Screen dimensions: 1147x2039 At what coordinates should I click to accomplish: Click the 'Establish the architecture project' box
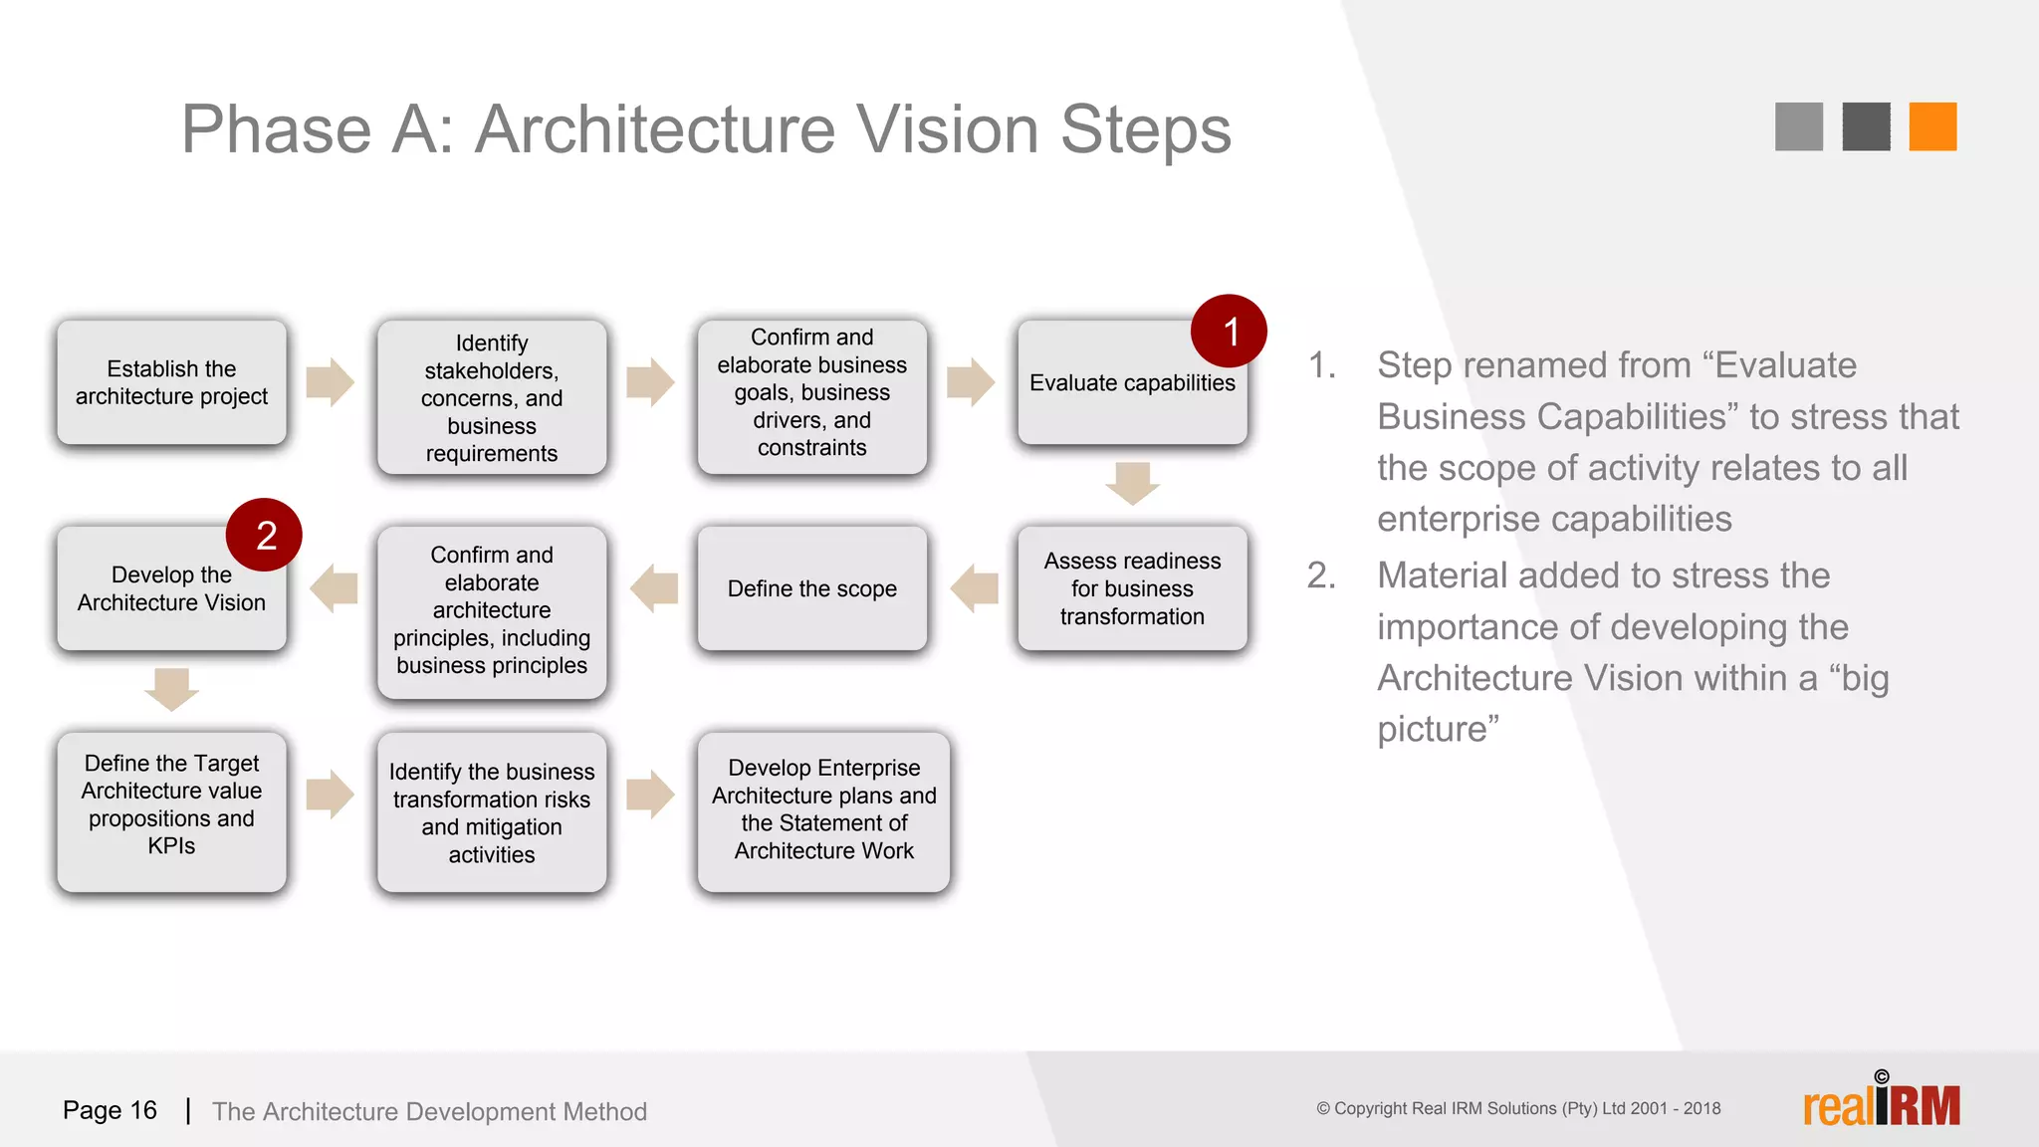click(x=171, y=382)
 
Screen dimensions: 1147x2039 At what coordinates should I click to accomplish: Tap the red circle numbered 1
click(x=1230, y=332)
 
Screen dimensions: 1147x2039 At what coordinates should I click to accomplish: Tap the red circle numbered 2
click(x=265, y=536)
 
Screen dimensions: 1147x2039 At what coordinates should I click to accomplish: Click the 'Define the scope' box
click(x=811, y=588)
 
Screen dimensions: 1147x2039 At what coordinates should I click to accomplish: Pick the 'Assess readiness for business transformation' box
click(x=1131, y=588)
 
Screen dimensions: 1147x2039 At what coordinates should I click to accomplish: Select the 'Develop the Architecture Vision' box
click(x=171, y=589)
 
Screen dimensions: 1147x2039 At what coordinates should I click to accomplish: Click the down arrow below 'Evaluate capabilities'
click(x=1132, y=483)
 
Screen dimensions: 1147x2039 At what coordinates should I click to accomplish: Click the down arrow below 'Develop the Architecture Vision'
click(x=171, y=689)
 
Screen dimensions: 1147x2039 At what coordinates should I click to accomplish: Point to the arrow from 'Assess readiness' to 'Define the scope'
click(x=975, y=588)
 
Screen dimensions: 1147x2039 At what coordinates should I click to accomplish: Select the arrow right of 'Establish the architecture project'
click(x=330, y=382)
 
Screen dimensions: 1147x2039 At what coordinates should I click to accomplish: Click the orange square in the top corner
click(x=1932, y=126)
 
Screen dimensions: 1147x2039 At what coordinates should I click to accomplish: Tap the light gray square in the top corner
click(x=1798, y=126)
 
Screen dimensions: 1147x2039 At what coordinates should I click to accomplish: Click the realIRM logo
click(x=1881, y=1103)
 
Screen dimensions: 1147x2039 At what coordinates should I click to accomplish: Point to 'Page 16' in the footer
click(x=110, y=1110)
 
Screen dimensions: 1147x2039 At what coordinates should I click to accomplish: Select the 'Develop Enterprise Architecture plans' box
click(x=823, y=810)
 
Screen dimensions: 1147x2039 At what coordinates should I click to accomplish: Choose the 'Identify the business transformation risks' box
click(x=491, y=812)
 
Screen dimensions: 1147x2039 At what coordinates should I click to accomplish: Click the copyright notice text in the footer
click(x=1517, y=1108)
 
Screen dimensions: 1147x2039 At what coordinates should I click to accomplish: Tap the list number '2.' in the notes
click(x=1321, y=575)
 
